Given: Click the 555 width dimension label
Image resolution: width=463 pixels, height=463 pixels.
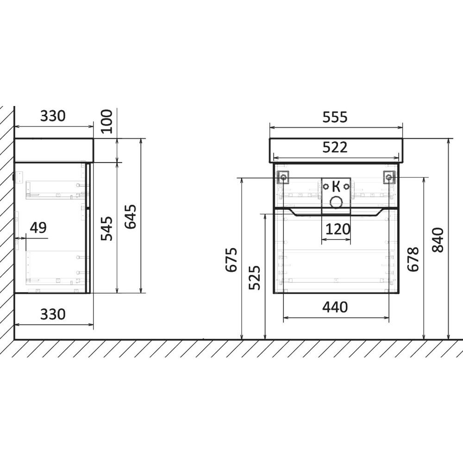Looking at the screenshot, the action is (x=335, y=117).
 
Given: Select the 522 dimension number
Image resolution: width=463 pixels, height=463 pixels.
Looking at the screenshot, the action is (x=335, y=147).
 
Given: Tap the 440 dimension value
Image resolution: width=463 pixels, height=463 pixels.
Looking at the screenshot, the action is (x=335, y=307).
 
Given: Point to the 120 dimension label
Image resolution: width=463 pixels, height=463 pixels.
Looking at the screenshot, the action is (x=338, y=229).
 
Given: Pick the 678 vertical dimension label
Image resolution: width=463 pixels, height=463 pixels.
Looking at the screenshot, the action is (x=413, y=259).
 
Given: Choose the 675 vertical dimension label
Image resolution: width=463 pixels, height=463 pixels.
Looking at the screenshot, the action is (x=231, y=260).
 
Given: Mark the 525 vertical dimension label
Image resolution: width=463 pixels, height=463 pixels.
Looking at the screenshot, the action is (x=255, y=277).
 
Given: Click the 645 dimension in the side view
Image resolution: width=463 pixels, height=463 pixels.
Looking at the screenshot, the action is (x=131, y=216).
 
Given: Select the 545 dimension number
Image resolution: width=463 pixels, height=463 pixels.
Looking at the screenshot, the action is (x=107, y=229).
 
